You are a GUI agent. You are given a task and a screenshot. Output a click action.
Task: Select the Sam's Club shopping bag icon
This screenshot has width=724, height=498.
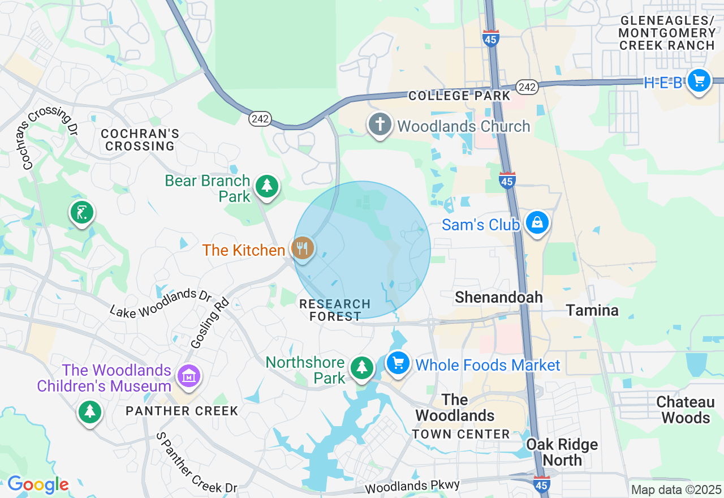point(536,224)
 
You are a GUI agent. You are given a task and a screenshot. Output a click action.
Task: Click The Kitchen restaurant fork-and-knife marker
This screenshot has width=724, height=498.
point(303,248)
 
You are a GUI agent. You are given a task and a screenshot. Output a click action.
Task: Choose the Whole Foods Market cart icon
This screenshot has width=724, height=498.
point(398,363)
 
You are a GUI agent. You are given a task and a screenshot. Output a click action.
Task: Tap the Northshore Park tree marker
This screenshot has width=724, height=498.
point(362,367)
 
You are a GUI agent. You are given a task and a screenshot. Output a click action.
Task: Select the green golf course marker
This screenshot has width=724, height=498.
point(82,213)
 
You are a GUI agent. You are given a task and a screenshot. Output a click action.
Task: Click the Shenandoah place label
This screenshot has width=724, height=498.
point(498,297)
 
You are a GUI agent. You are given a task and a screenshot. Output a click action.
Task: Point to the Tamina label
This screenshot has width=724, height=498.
point(592,310)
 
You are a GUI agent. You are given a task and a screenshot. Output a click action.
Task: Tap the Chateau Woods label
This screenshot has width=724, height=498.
point(686,410)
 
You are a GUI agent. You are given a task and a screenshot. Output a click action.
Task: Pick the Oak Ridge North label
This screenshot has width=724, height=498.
point(562,452)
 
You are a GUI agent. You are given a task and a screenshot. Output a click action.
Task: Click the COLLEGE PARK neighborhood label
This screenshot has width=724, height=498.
point(459,96)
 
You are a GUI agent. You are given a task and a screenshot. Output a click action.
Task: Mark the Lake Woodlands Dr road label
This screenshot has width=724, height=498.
point(161,304)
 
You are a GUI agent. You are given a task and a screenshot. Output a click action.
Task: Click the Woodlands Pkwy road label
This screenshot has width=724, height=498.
point(412,487)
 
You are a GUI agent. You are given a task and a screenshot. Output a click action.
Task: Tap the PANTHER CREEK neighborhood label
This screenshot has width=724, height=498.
point(182,411)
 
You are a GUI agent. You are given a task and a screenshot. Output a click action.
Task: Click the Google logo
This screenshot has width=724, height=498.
point(38,484)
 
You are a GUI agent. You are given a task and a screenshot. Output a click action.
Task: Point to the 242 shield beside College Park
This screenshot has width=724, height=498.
point(527,87)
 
